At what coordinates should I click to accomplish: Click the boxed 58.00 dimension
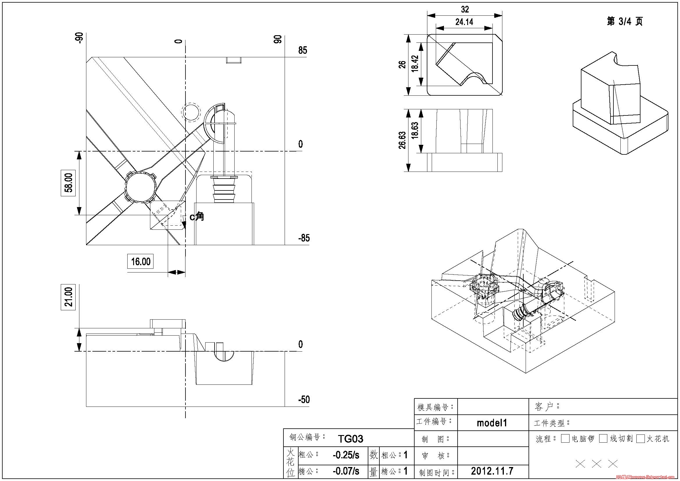(x=68, y=183)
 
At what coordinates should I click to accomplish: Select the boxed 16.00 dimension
(x=140, y=261)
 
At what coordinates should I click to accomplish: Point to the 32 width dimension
(x=465, y=10)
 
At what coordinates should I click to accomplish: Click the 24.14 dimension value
(x=464, y=22)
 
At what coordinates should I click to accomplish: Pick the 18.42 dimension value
(x=415, y=64)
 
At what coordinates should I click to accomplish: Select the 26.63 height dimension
(x=402, y=140)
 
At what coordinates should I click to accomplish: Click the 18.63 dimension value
(x=415, y=130)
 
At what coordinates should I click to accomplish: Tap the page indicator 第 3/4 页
(x=624, y=21)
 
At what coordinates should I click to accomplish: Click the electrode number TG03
(x=350, y=439)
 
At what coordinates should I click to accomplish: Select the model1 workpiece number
(x=492, y=423)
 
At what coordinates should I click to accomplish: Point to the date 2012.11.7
(x=492, y=471)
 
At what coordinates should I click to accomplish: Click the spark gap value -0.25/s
(x=346, y=455)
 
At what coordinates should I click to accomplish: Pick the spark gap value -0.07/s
(x=346, y=471)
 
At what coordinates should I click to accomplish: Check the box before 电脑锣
(x=565, y=439)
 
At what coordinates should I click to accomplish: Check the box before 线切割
(x=603, y=439)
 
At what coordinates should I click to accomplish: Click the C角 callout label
(x=197, y=217)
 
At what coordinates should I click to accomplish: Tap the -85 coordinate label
(x=304, y=238)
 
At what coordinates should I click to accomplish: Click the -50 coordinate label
(x=304, y=400)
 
